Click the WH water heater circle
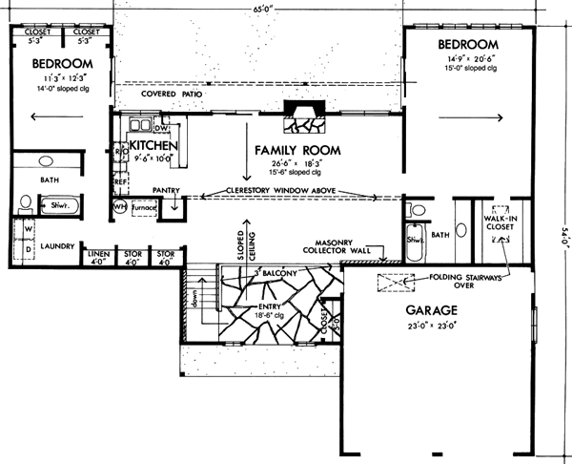(120, 206)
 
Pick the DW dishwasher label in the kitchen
(161, 127)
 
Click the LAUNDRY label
(57, 246)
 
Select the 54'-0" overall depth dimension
(563, 234)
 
